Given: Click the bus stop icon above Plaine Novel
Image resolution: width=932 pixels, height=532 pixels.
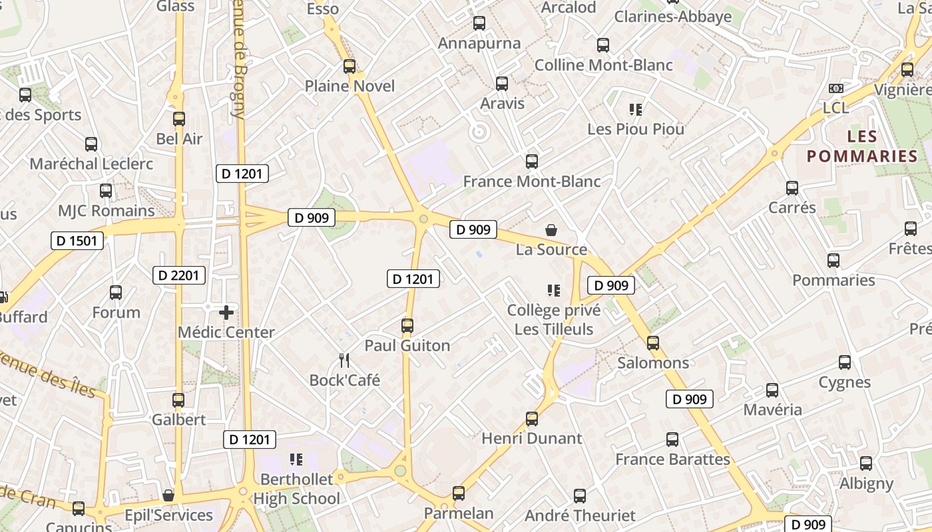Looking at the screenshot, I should (x=349, y=66).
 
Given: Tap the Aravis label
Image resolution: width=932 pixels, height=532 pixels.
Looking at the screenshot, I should (x=503, y=104).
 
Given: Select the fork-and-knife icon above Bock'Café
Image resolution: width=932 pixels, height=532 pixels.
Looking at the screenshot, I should (x=344, y=360).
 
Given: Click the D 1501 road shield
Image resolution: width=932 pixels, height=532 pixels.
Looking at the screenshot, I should (x=77, y=241).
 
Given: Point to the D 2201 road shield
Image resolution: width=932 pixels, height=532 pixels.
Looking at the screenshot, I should (x=179, y=275).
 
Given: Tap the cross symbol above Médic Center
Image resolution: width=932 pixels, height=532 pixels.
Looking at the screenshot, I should (x=226, y=312).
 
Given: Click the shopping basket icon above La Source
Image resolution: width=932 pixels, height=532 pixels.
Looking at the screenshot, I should (x=551, y=231).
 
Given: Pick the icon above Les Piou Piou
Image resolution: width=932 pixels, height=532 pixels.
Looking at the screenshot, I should (x=636, y=110).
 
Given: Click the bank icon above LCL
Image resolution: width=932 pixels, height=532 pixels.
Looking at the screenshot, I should (x=836, y=88).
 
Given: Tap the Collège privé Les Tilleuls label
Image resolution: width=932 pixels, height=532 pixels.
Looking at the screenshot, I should (x=554, y=320).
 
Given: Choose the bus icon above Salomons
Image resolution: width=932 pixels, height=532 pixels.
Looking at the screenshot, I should (x=653, y=343).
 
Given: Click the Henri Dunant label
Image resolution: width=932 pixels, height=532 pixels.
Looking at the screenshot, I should (x=532, y=439).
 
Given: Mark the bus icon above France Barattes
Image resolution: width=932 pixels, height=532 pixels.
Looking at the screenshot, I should (x=672, y=440).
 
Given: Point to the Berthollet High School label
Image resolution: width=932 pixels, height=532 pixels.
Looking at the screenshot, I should (x=297, y=489).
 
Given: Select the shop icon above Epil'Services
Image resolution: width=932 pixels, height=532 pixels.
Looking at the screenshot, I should (x=168, y=495).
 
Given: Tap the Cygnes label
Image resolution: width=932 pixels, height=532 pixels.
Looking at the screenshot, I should (x=845, y=382).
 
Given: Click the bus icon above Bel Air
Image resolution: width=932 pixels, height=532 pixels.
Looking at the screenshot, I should (x=179, y=119).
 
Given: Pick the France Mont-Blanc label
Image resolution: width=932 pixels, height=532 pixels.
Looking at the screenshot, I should (x=532, y=182).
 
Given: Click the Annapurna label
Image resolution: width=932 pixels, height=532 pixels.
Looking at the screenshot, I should (x=479, y=44).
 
